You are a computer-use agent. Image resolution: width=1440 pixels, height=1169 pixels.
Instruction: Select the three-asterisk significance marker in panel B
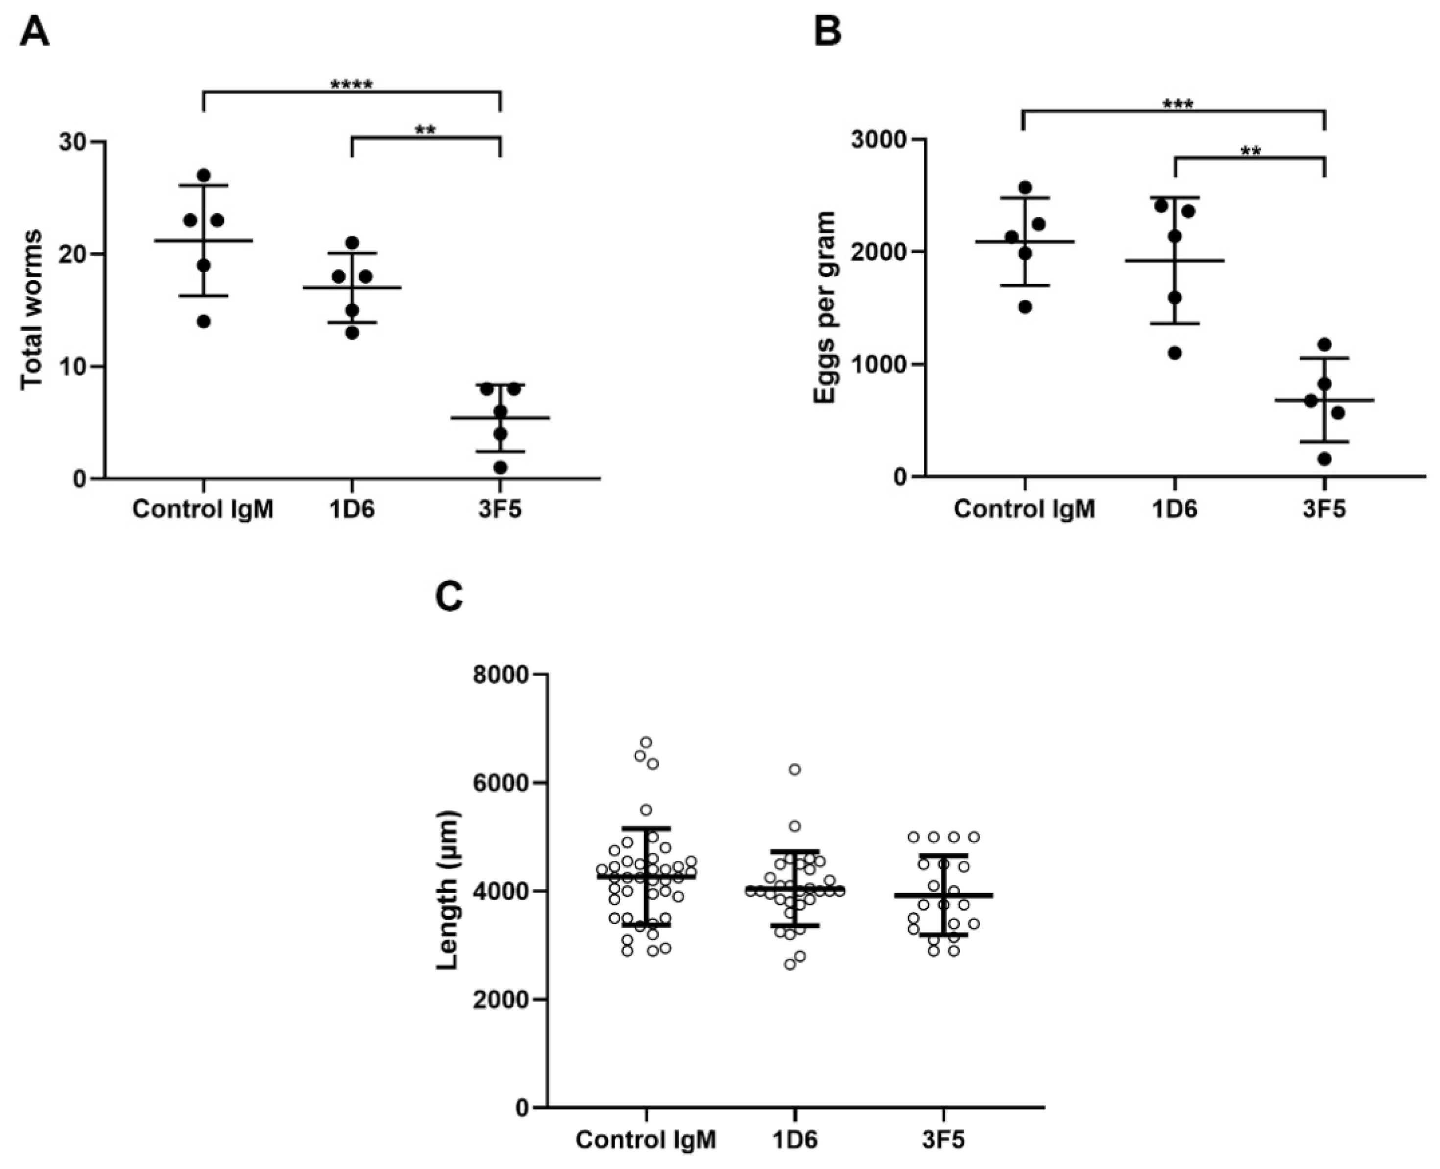tap(1177, 105)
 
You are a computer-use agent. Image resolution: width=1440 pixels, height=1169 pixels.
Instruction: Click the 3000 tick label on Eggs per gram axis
tap(877, 140)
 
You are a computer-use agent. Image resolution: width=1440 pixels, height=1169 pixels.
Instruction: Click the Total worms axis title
tap(32, 310)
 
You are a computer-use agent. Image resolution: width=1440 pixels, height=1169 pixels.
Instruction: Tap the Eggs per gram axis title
tap(825, 307)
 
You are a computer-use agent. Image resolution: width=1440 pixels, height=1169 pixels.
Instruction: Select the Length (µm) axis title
tap(447, 891)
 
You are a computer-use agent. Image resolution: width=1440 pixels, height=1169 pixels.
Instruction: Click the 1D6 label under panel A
tap(351, 509)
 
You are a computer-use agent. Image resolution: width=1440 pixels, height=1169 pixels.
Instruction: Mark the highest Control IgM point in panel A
tap(204, 175)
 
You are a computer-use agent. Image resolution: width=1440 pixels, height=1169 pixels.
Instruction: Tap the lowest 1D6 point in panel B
tap(1175, 353)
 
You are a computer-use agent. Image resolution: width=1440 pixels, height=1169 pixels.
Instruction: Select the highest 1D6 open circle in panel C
tap(794, 769)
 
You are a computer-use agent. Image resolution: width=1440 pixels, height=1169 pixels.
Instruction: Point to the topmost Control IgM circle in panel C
tap(646, 742)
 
